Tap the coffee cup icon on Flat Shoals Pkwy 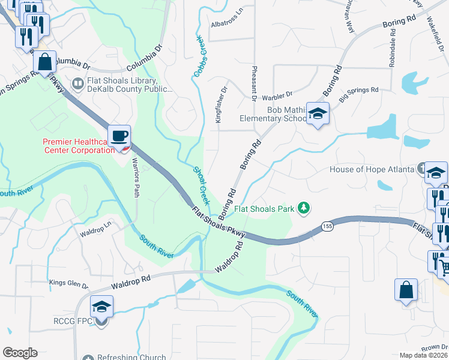point(119,135)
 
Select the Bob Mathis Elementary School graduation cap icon point(317,112)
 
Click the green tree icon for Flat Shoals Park point(305,208)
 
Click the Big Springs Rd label point(359,91)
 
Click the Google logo point(20,353)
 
